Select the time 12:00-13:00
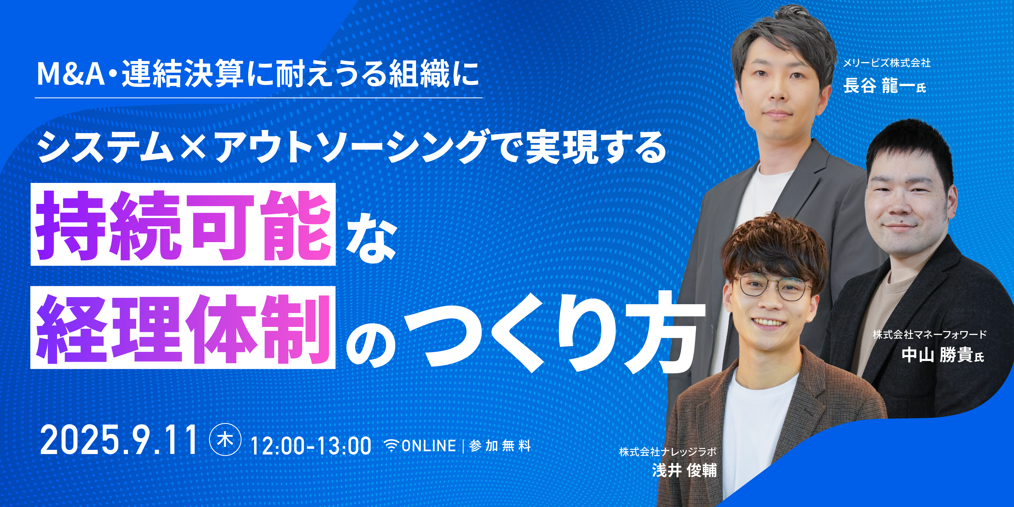tap(311, 446)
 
